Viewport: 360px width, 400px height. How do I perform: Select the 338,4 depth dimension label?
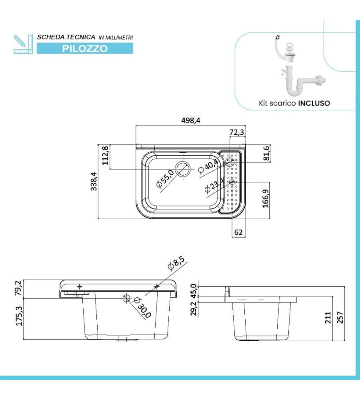pyautogui.click(x=94, y=182)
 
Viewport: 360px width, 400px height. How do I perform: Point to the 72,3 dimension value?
pyautogui.click(x=237, y=132)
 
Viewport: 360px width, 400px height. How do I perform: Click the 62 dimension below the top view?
pyautogui.click(x=238, y=232)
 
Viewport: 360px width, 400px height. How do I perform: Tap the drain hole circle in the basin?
pyautogui.click(x=183, y=169)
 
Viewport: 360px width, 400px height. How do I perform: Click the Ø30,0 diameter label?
pyautogui.click(x=142, y=308)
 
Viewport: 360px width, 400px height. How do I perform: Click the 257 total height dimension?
pyautogui.click(x=340, y=317)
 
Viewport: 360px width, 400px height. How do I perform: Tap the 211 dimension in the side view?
pyautogui.click(x=328, y=318)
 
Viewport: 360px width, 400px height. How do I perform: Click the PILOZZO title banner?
pyautogui.click(x=85, y=49)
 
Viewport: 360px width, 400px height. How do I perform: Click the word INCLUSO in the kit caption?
pyautogui.click(x=314, y=103)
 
